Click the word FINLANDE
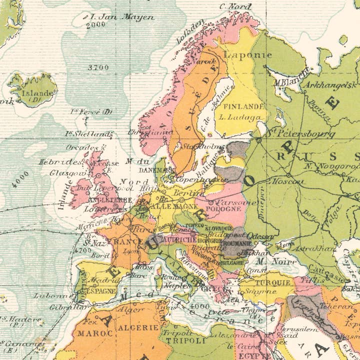click(243, 106)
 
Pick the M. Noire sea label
click(270, 261)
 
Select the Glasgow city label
click(61, 172)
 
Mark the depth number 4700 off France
click(82, 249)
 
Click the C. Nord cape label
click(235, 6)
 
